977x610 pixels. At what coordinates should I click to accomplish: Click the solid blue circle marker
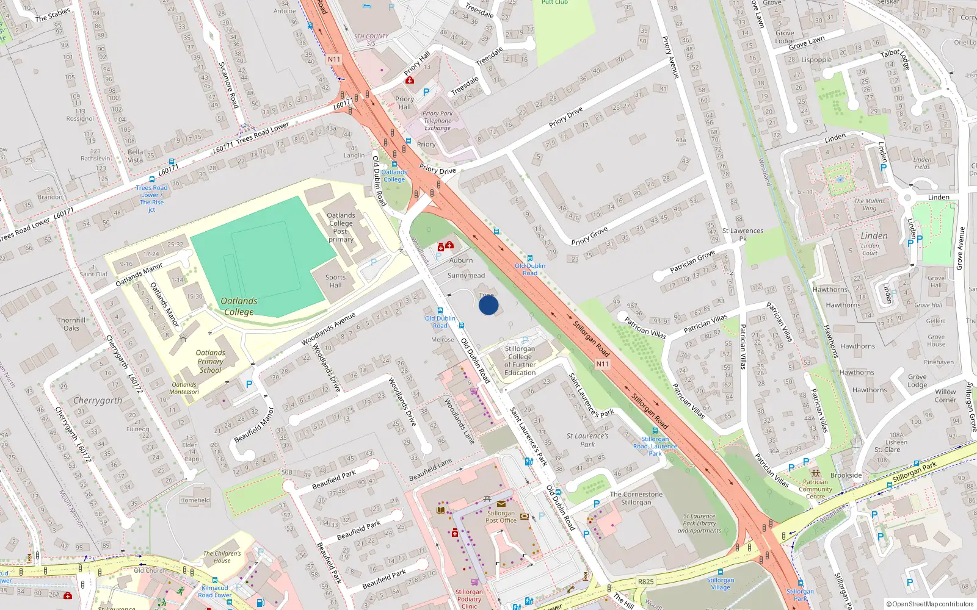(x=488, y=305)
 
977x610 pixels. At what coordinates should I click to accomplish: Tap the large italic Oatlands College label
(x=239, y=306)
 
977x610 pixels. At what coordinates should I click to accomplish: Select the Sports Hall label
(x=335, y=281)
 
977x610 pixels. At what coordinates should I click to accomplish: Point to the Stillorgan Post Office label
(x=501, y=517)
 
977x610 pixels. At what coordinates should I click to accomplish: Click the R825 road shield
(x=645, y=581)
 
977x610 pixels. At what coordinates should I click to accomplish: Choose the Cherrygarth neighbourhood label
(x=98, y=401)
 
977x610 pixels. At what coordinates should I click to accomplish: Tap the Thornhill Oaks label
(x=71, y=324)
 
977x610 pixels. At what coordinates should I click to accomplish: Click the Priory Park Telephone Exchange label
(x=438, y=121)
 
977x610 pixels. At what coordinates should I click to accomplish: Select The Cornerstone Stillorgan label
(x=636, y=498)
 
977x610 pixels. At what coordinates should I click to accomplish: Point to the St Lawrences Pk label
(x=743, y=234)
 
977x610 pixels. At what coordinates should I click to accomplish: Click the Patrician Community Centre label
(x=815, y=489)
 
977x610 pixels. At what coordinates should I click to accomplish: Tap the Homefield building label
(x=195, y=500)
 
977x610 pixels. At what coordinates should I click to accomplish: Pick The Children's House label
(x=222, y=557)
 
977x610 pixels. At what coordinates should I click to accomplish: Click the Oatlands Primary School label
(x=210, y=361)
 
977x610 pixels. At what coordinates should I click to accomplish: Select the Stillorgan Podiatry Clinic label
(x=469, y=599)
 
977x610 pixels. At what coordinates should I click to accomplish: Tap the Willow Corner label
(x=945, y=396)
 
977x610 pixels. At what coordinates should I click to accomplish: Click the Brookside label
(x=846, y=475)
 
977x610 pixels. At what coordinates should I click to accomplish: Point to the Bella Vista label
(x=136, y=156)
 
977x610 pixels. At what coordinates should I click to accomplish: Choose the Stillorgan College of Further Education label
(x=520, y=361)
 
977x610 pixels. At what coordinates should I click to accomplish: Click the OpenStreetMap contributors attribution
(x=929, y=604)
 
